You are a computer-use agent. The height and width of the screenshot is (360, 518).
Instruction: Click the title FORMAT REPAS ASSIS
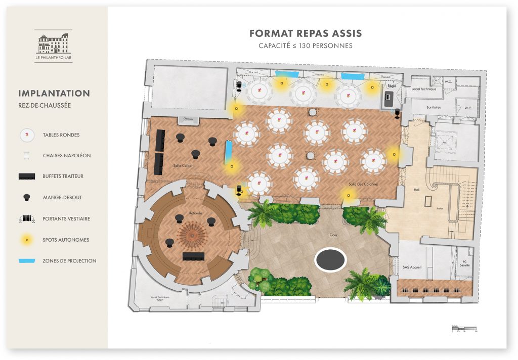tap(306, 34)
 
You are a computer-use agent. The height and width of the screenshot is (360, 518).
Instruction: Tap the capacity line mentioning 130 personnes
tap(306, 46)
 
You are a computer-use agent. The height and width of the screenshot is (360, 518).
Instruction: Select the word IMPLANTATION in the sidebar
tap(54, 94)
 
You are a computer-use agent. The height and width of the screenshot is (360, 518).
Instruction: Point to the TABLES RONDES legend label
tap(61, 135)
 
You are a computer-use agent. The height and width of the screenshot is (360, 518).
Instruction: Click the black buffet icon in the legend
tap(26, 176)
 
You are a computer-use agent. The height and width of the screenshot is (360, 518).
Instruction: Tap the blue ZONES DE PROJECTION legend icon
tap(26, 261)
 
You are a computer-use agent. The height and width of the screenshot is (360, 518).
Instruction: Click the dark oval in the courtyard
tap(330, 260)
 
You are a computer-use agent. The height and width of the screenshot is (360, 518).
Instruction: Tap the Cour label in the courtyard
tap(333, 235)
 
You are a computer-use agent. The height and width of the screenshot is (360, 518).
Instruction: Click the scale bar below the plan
tap(464, 329)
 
